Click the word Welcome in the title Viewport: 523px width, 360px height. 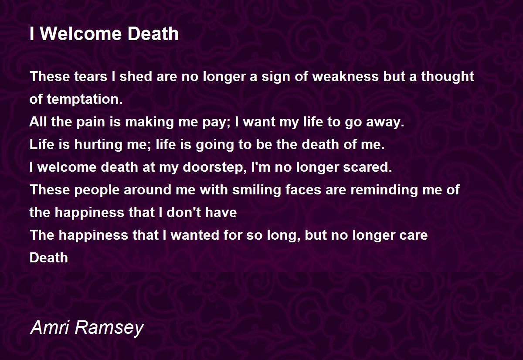[x=82, y=34]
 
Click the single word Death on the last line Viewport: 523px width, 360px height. [x=49, y=258]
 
